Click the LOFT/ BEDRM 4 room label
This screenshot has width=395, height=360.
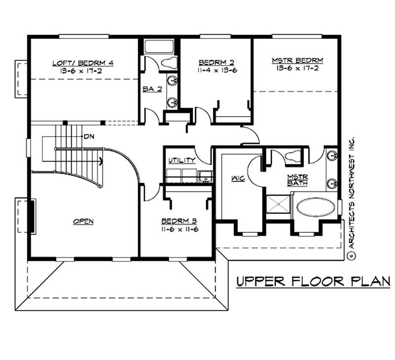(83, 63)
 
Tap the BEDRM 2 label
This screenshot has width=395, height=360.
(216, 62)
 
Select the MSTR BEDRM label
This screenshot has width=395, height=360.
(297, 61)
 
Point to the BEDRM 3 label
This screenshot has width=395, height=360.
(180, 221)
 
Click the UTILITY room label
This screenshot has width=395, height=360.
(181, 161)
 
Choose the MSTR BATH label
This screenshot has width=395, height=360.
(298, 180)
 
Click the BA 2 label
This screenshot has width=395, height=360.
(150, 89)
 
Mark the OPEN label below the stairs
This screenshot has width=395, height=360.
(83, 221)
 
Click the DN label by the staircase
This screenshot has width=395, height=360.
(89, 136)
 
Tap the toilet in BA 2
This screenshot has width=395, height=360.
(168, 63)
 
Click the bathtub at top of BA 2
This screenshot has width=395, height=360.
(159, 47)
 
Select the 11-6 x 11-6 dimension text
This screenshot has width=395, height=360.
(180, 229)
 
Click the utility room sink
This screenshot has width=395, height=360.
(203, 175)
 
